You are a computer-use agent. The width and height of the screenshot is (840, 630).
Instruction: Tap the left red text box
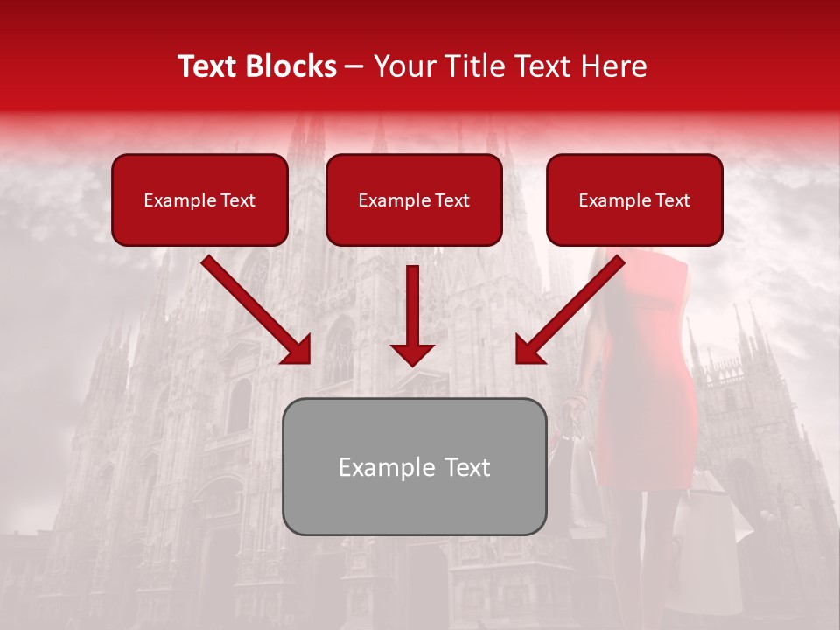[199, 199]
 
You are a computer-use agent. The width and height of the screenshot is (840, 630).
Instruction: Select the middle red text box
[414, 199]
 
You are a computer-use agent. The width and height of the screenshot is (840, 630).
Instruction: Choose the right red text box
[634, 199]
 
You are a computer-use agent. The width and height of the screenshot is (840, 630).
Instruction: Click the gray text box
[414, 466]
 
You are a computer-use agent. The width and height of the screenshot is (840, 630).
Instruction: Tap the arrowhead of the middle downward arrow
[412, 353]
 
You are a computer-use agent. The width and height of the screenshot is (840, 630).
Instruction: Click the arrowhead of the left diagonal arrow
[297, 350]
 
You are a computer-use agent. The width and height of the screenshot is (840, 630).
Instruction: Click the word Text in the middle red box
[452, 200]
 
